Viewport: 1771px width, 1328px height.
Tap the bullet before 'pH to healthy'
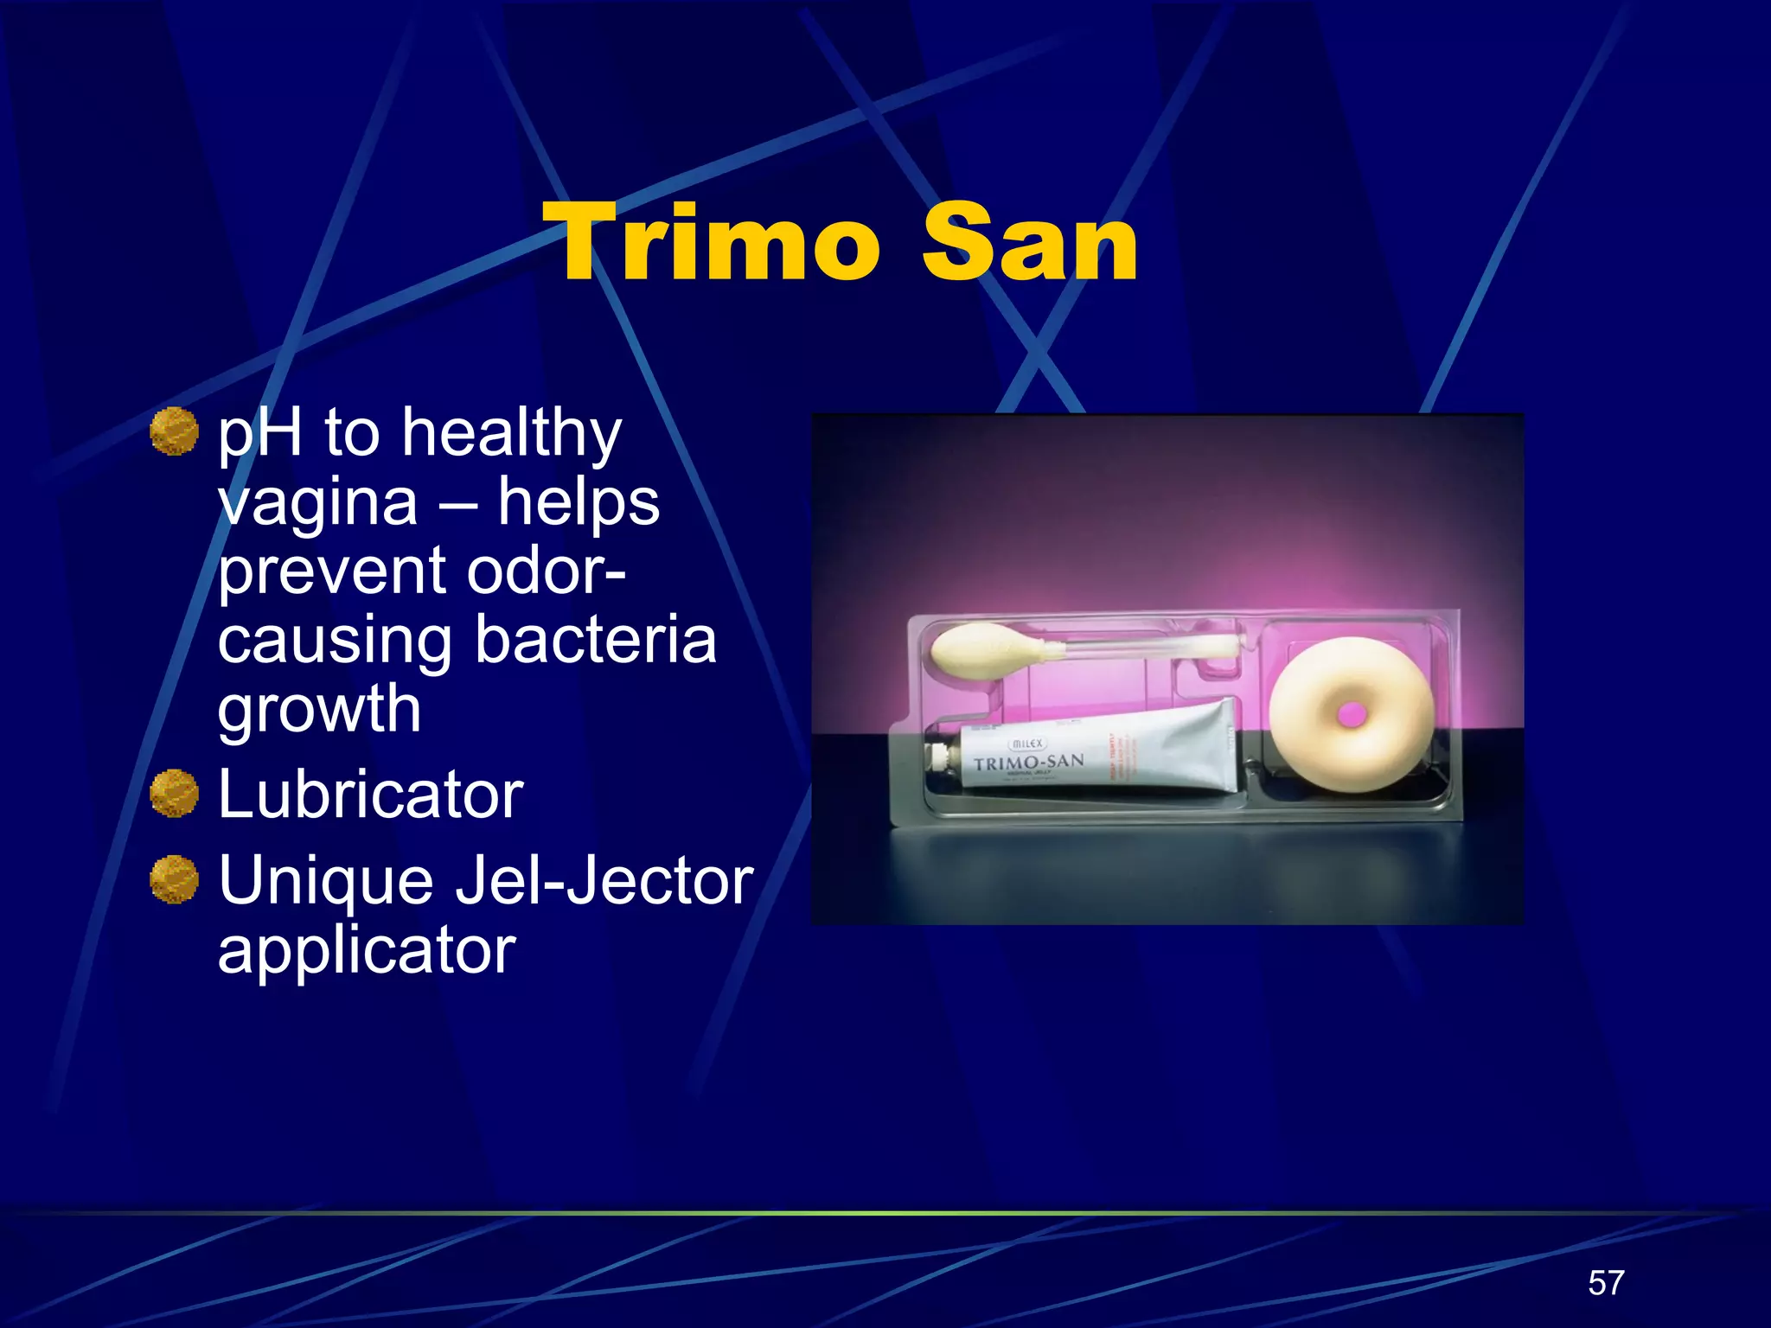click(x=174, y=431)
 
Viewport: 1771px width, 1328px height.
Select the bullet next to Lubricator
click(x=174, y=793)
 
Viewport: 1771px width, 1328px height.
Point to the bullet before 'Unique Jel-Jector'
click(x=174, y=879)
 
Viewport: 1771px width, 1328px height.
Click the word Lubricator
click(x=370, y=794)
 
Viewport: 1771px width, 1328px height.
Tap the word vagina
click(x=317, y=503)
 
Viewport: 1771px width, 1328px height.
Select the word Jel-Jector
click(x=604, y=880)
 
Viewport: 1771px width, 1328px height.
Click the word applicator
click(x=367, y=949)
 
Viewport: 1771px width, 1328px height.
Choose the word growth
click(x=319, y=709)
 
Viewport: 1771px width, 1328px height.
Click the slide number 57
click(x=1606, y=1283)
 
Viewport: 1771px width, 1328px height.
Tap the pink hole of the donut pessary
click(x=1351, y=714)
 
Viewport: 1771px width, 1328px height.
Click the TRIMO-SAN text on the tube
click(x=1028, y=763)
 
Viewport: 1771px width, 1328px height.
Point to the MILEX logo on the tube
click(x=1027, y=744)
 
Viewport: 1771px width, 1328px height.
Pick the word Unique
click(x=325, y=880)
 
